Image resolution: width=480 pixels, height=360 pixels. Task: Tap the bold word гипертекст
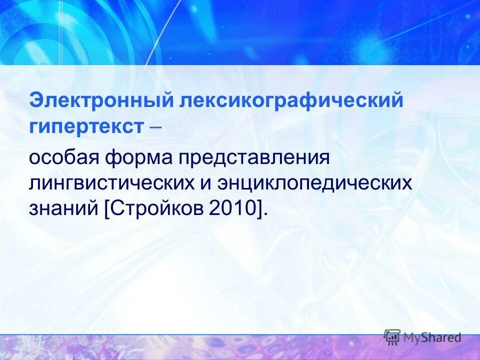[x=85, y=126]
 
